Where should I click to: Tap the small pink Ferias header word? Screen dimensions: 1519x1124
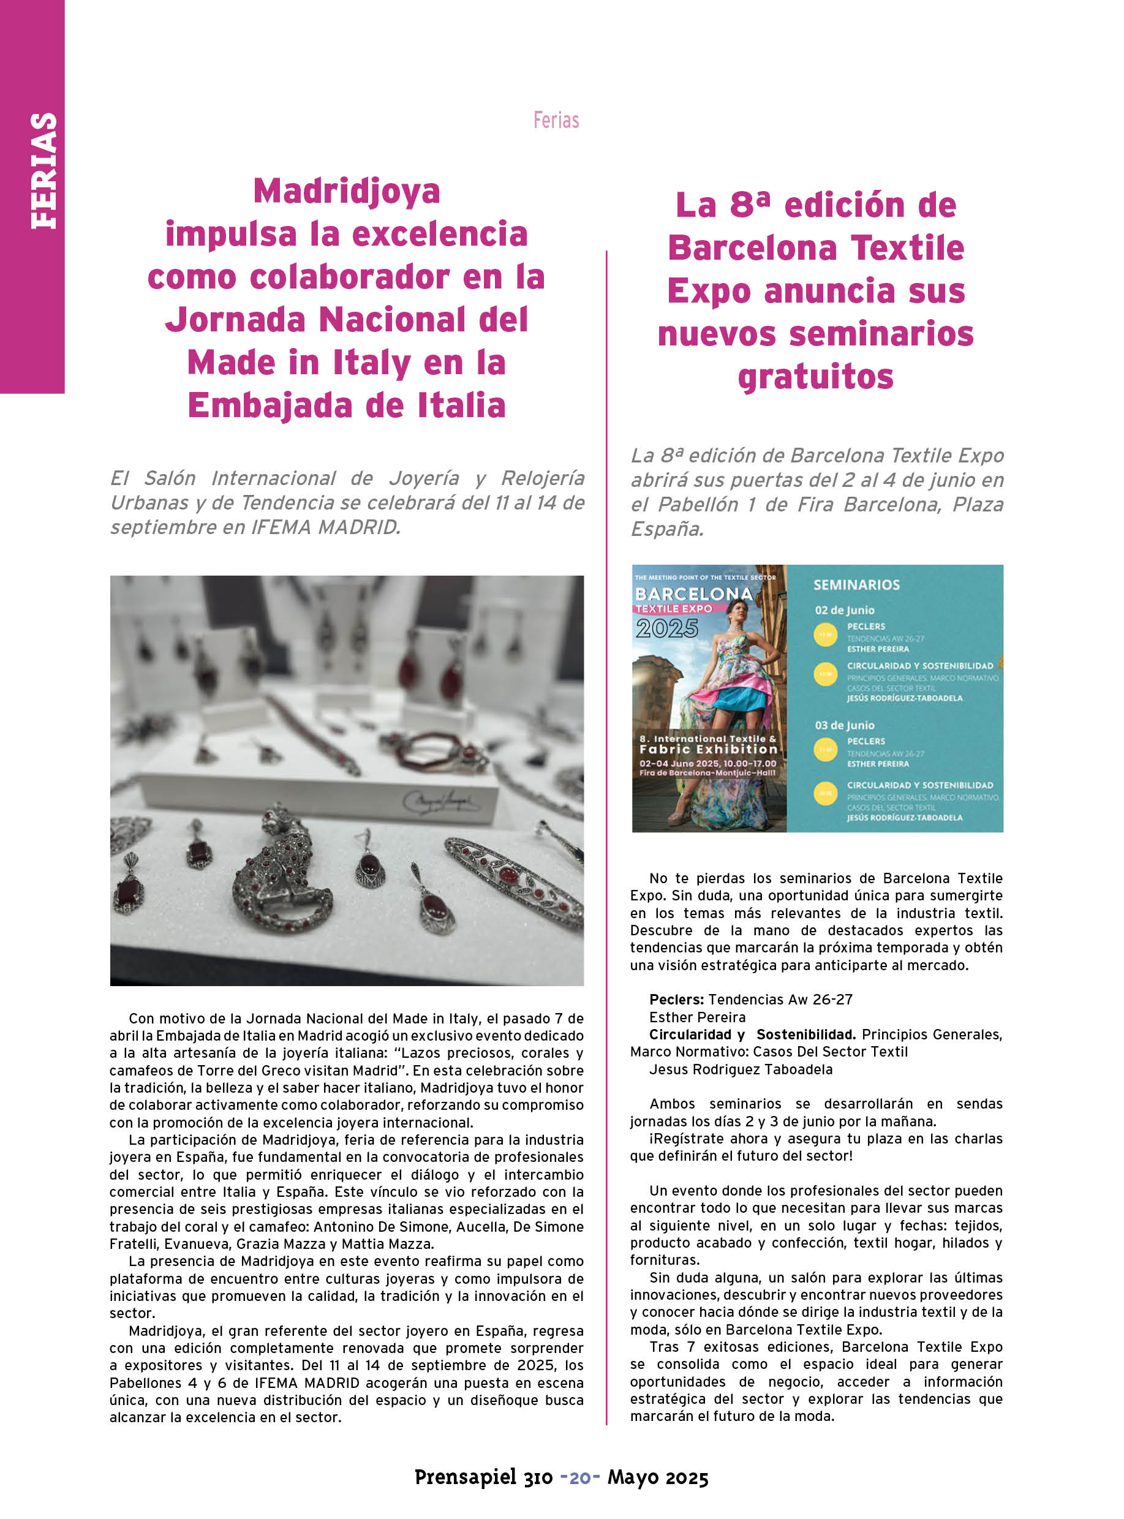pos(556,121)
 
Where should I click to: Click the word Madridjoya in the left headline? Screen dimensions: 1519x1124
pos(346,190)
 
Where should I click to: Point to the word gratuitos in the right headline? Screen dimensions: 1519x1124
pos(815,376)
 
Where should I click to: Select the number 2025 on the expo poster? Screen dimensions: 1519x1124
pos(667,628)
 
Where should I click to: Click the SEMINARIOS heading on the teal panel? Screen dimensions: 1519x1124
pos(856,585)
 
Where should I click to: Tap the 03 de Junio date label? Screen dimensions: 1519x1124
pos(844,725)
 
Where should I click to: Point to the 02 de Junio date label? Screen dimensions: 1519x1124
pos(844,610)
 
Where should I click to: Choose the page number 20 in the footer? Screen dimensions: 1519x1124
pos(579,1477)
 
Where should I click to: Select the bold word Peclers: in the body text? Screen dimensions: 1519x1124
pos(676,999)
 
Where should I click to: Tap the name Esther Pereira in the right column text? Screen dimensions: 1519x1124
pos(698,1017)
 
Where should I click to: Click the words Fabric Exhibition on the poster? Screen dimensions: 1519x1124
pos(707,749)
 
